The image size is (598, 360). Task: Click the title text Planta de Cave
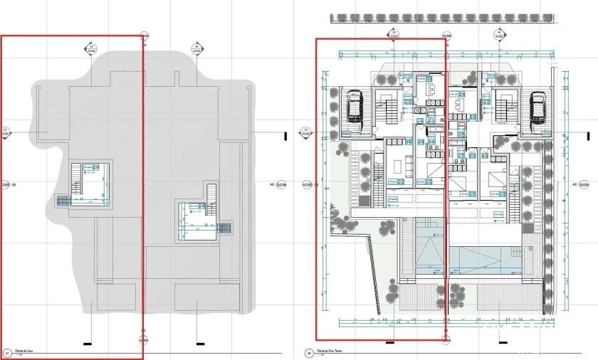[26, 351]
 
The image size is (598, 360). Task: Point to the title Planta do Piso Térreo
[329, 351]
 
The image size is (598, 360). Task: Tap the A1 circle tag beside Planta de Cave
[7, 352]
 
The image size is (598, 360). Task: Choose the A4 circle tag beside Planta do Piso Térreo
[308, 352]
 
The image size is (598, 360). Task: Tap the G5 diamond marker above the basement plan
[91, 49]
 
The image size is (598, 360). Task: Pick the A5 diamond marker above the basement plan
[196, 49]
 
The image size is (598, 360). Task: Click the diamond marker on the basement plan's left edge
[5, 132]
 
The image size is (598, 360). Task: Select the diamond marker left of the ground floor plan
[305, 132]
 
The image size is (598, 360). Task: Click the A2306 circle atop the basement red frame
[144, 36]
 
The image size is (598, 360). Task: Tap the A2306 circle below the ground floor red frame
[446, 342]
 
